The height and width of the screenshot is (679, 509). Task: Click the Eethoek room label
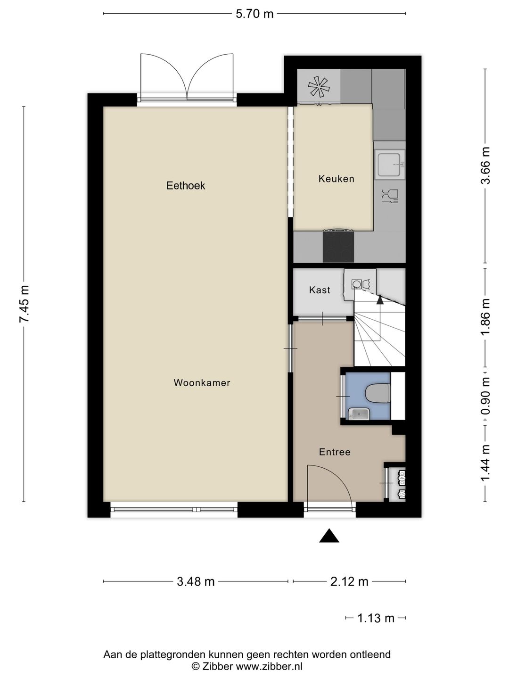pyautogui.click(x=185, y=186)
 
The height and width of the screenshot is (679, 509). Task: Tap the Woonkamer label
pyautogui.click(x=202, y=383)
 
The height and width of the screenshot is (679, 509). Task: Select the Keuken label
pyautogui.click(x=336, y=179)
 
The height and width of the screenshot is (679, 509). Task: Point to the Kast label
pyautogui.click(x=320, y=290)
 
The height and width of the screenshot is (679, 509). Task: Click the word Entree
pyautogui.click(x=335, y=452)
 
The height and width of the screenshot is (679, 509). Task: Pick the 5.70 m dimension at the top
pyautogui.click(x=254, y=14)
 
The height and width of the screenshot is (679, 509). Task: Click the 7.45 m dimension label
pyautogui.click(x=24, y=304)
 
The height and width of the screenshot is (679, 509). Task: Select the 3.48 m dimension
pyautogui.click(x=196, y=581)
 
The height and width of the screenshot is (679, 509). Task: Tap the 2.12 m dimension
pyautogui.click(x=349, y=581)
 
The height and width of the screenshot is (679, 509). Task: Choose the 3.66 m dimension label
pyautogui.click(x=485, y=166)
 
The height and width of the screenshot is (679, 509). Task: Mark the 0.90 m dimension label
pyautogui.click(x=485, y=396)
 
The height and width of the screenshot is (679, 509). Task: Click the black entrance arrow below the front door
pyautogui.click(x=329, y=536)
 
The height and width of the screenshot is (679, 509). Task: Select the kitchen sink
pyautogui.click(x=390, y=165)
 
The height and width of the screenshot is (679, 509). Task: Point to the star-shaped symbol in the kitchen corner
pyautogui.click(x=318, y=87)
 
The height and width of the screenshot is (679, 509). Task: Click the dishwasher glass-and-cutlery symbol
pyautogui.click(x=390, y=196)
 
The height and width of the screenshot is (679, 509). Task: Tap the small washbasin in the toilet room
pyautogui.click(x=359, y=414)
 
